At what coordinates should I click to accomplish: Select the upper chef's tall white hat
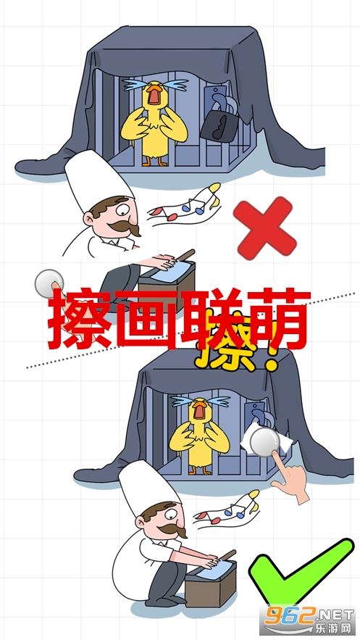[x=99, y=180]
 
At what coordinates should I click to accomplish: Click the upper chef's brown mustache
[x=124, y=227]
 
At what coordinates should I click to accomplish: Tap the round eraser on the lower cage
[x=265, y=442]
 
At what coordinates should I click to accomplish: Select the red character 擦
[x=80, y=318]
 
